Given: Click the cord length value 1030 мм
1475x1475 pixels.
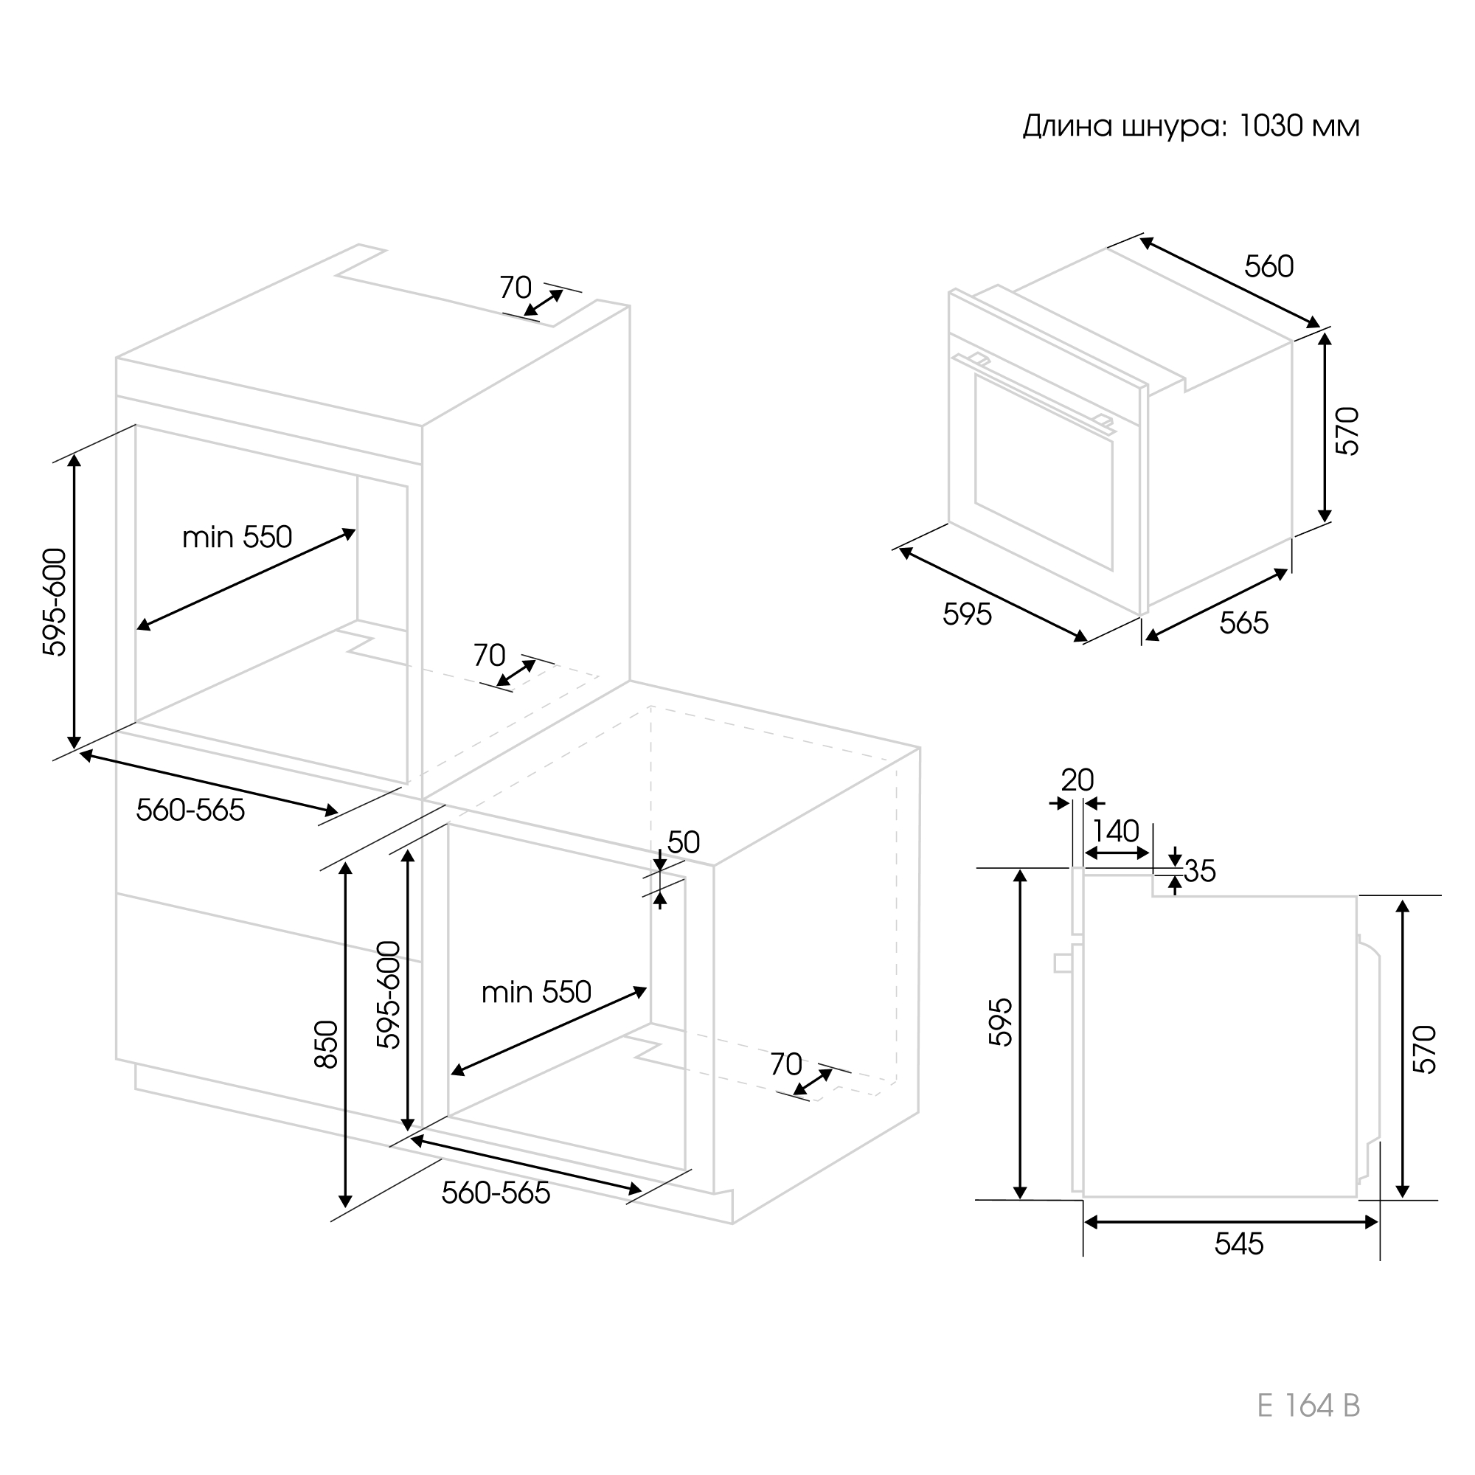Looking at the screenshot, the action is pos(1299,126).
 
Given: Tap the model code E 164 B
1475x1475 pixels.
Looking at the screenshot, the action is pos(1308,1406).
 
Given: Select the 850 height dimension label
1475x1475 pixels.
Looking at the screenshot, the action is pos(327,1044).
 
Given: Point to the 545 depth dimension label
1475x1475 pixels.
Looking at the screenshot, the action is pos(1239,1244).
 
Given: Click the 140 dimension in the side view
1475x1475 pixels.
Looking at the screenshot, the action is pos(1115,830).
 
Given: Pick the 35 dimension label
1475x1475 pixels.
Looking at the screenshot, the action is pos(1199,871).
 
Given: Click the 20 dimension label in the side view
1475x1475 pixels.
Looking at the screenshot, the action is pos(1077,780).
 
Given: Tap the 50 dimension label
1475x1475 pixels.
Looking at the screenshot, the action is pos(684,842).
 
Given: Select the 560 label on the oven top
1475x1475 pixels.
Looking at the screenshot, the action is pos(1268,266).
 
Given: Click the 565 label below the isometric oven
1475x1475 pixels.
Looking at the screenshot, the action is pos(1243,623).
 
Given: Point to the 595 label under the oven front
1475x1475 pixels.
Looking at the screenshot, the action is pos(968,614).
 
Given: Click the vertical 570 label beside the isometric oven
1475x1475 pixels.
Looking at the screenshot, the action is pos(1348,431).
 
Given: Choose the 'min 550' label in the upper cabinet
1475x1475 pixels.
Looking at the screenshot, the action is pos(237,538).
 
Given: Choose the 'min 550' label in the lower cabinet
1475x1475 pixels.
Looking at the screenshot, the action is pos(536,993).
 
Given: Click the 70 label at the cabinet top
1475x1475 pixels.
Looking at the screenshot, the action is pos(516,288).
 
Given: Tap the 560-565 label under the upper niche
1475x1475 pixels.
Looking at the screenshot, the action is pos(190,810).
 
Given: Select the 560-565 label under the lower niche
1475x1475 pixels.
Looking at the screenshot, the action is pos(496,1193).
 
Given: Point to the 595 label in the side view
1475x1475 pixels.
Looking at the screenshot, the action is pos(1000,1022).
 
